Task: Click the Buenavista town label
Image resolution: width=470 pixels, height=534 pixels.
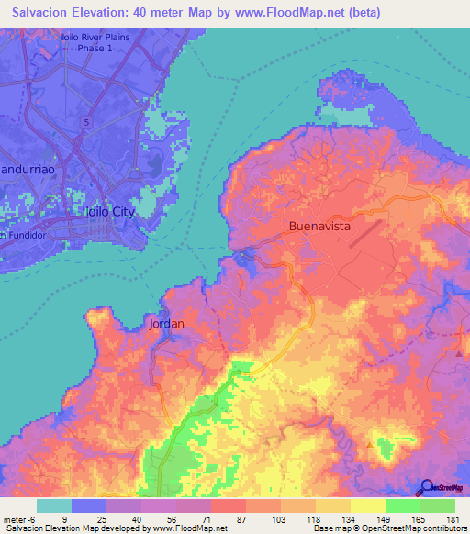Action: pos(320,225)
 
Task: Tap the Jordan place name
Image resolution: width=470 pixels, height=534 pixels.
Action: pos(166,324)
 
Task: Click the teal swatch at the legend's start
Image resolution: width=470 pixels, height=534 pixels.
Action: pos(54,506)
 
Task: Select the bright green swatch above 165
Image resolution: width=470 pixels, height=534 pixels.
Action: pos(402,506)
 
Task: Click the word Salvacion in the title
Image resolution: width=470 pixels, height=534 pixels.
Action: pos(43,13)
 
